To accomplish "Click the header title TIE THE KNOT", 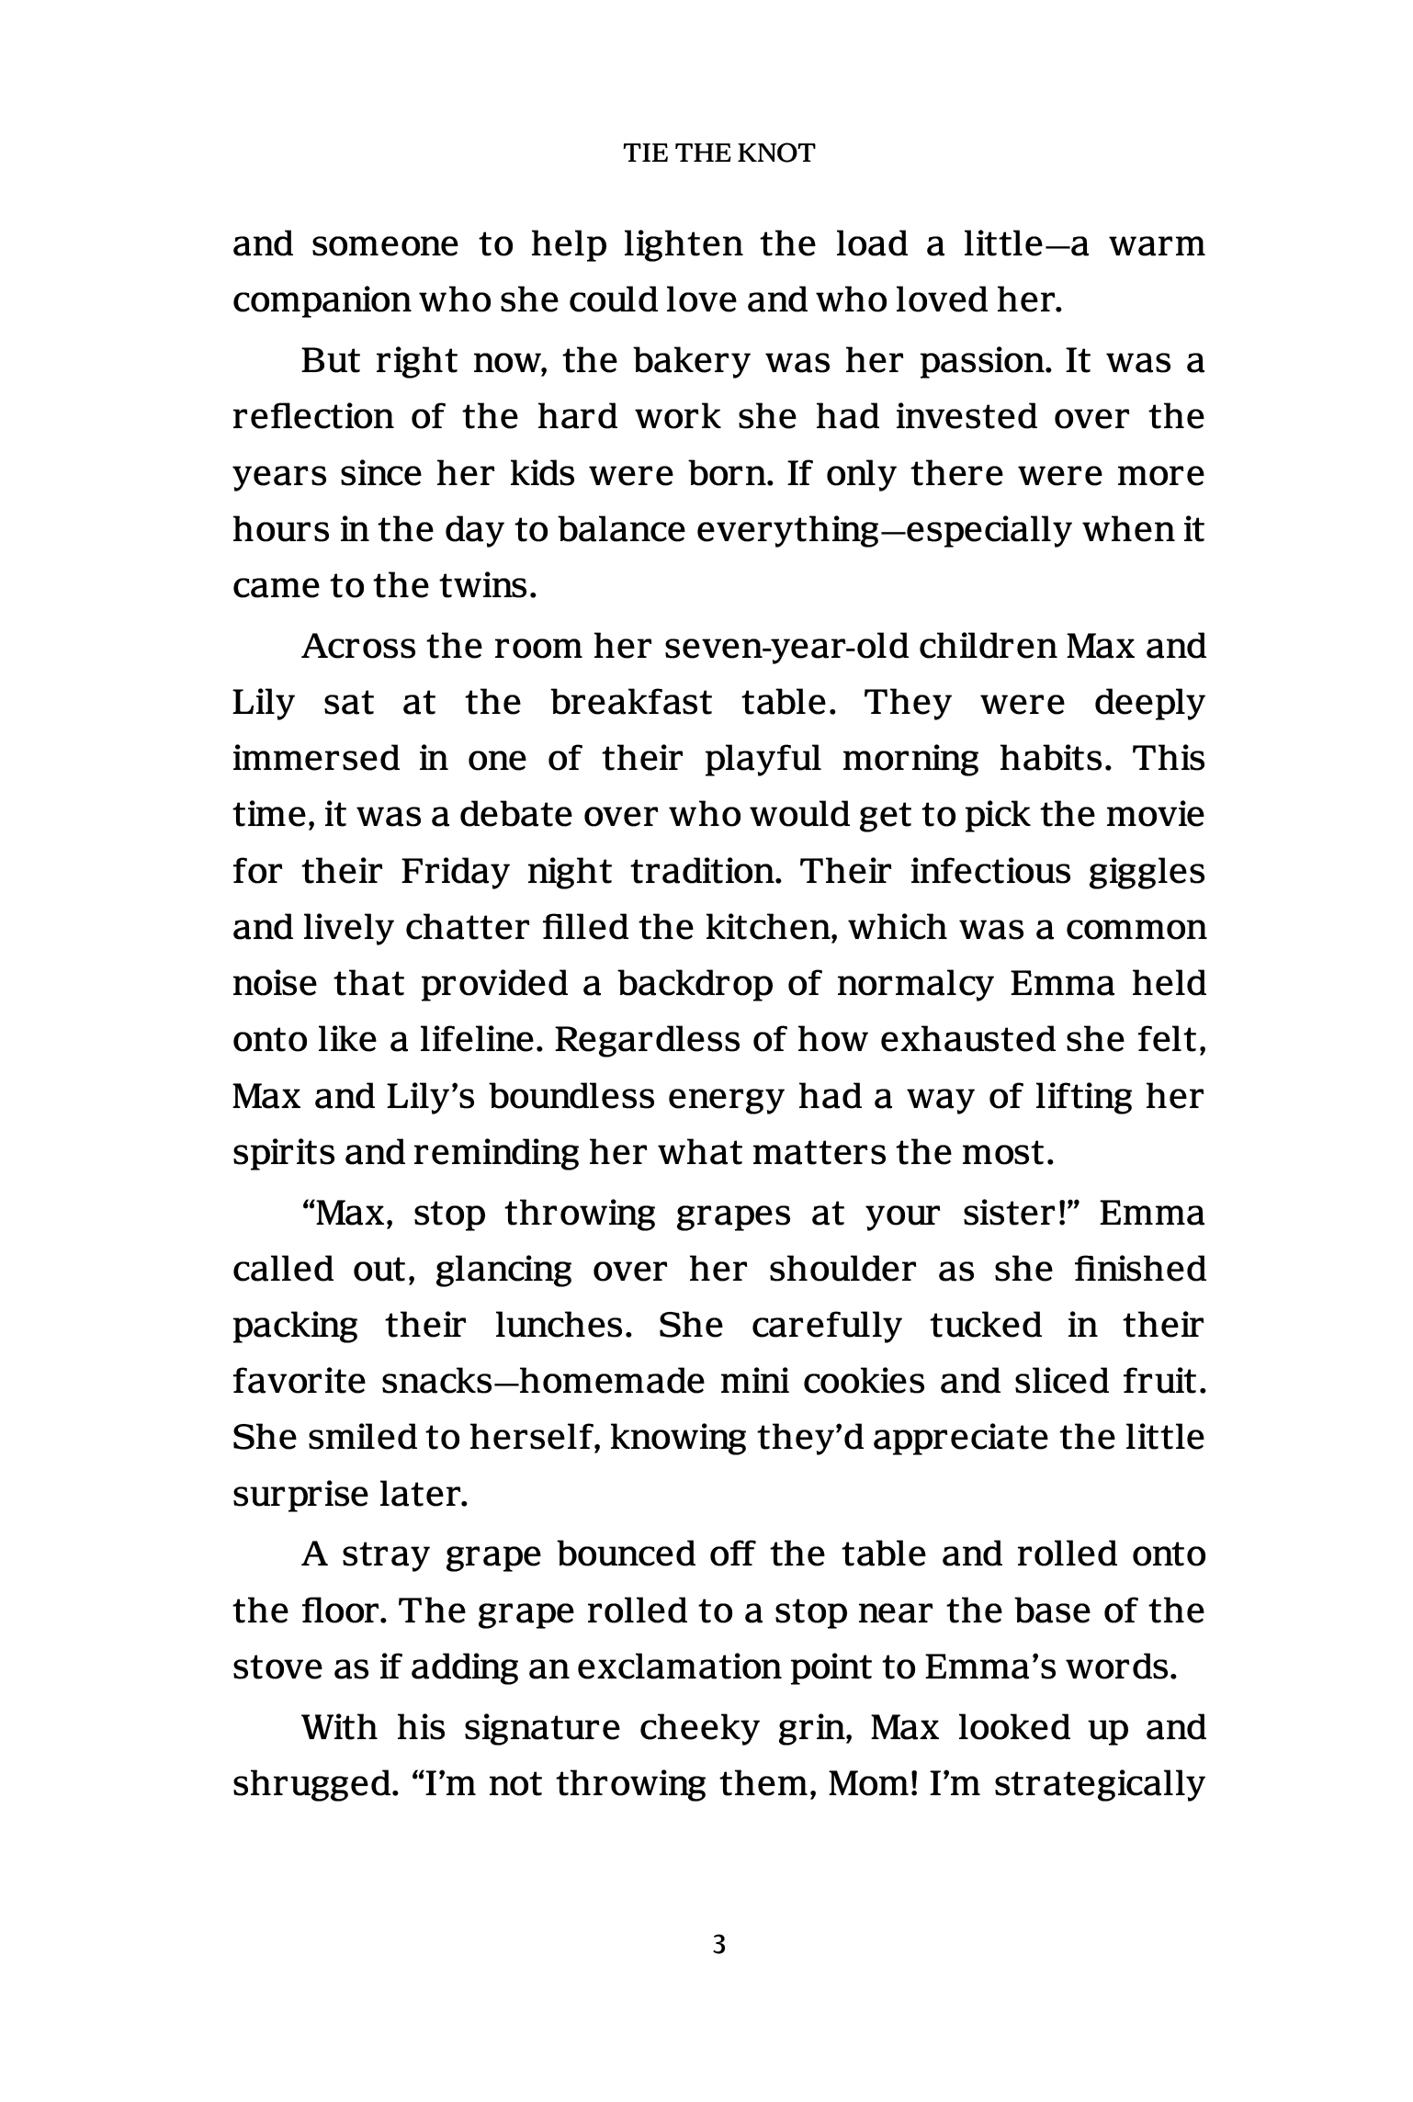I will pyautogui.click(x=719, y=153).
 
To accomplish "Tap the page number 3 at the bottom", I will pyautogui.click(x=719, y=1944).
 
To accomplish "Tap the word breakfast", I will pyautogui.click(x=631, y=703).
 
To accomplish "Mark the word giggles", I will pyautogui.click(x=1146, y=872).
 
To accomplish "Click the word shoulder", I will pyautogui.click(x=842, y=1269).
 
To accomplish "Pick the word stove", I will pyautogui.click(x=276, y=1667).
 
